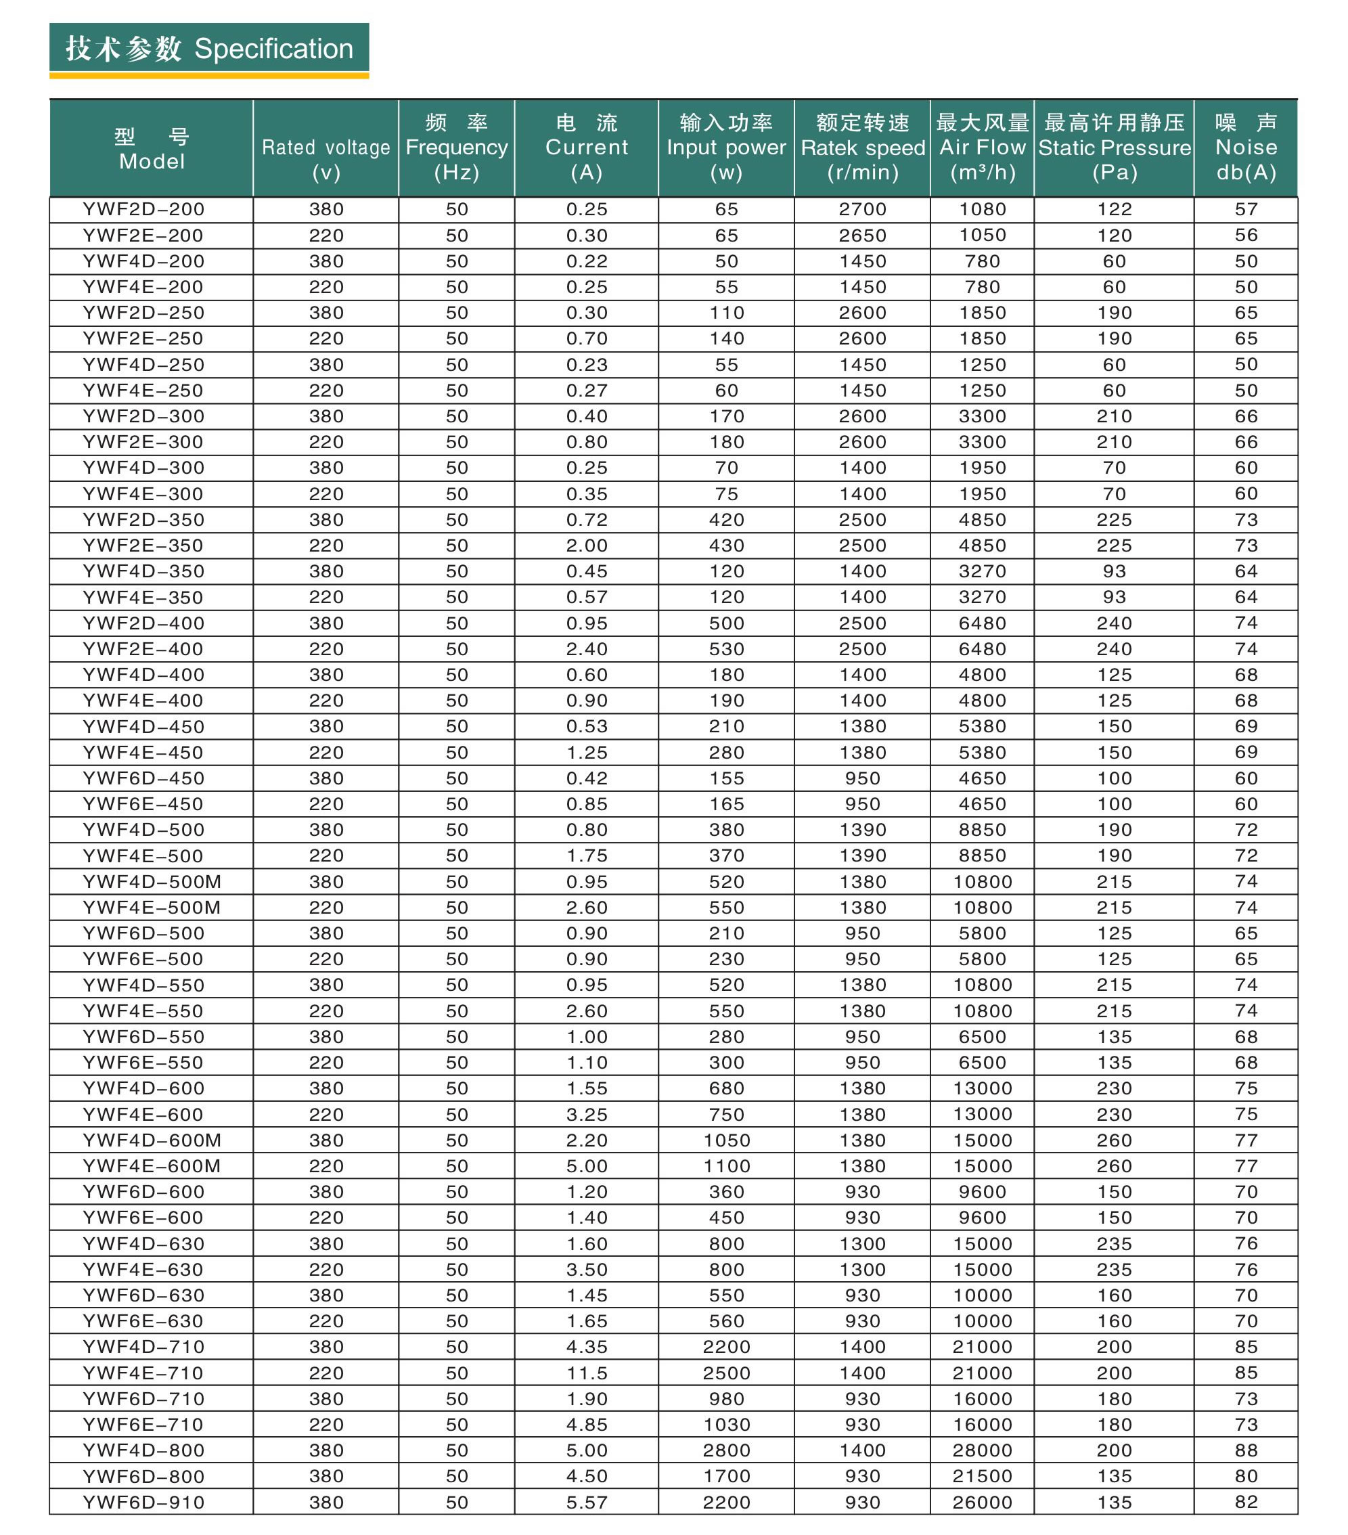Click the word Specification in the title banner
pos(273,49)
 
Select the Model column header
pos(151,149)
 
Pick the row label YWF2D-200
pos(143,210)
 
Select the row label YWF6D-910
pos(143,1502)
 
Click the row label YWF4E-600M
pos(152,1166)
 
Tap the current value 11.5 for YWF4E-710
pos(587,1373)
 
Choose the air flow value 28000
pos(983,1450)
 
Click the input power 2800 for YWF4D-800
pos(726,1450)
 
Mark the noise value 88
pos(1246,1450)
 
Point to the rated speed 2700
pos(862,210)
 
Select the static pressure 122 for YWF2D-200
pos(1114,210)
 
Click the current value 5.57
pos(587,1502)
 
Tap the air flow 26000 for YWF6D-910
pos(983,1502)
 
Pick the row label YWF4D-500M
pos(152,882)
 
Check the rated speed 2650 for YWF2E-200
pos(862,235)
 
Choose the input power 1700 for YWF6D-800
pos(726,1476)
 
